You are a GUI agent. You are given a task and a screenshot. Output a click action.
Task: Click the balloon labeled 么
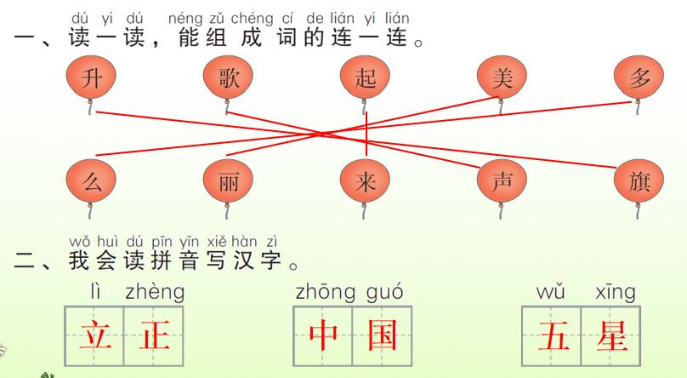click(91, 181)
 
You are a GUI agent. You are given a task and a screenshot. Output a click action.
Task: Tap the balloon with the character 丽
click(228, 181)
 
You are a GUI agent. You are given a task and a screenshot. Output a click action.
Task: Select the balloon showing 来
click(365, 181)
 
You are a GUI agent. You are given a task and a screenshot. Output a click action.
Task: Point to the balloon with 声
click(502, 181)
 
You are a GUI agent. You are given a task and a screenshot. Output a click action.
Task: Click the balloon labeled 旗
click(639, 181)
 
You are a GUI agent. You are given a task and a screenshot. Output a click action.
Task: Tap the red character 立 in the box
click(94, 335)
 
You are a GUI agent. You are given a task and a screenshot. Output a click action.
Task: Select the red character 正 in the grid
click(155, 335)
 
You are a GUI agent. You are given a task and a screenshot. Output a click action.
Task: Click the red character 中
click(323, 335)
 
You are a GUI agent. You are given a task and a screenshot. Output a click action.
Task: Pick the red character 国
click(383, 335)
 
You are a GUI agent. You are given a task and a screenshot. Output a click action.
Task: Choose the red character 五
click(553, 335)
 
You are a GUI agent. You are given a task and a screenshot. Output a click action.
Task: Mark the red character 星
click(611, 335)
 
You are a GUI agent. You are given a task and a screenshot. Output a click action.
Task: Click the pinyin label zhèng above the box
click(154, 293)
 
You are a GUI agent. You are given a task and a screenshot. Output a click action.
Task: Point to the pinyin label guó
click(385, 293)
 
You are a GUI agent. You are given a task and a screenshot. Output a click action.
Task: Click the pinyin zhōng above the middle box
click(326, 293)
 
